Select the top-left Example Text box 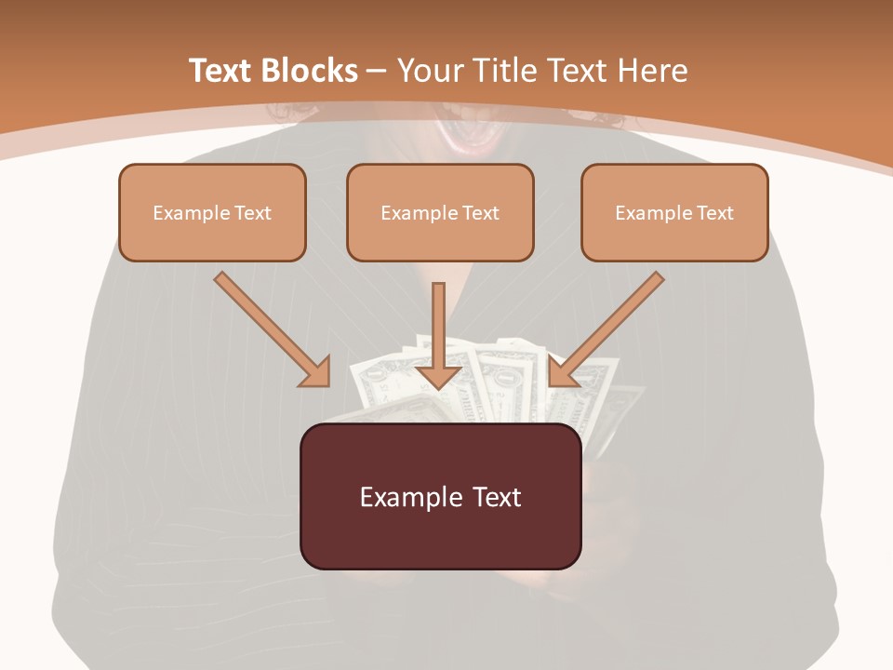pos(212,212)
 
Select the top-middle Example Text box pos(440,212)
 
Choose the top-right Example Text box pos(674,212)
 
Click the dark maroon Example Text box pos(440,496)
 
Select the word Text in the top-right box pos(714,213)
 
